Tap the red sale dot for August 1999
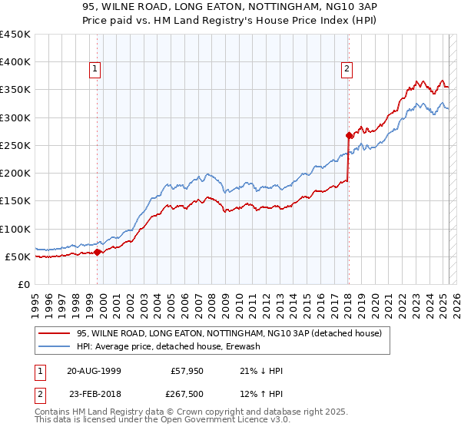(x=98, y=252)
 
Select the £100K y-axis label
(x=15, y=229)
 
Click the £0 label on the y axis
(x=24, y=284)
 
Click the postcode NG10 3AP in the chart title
(x=299, y=10)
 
